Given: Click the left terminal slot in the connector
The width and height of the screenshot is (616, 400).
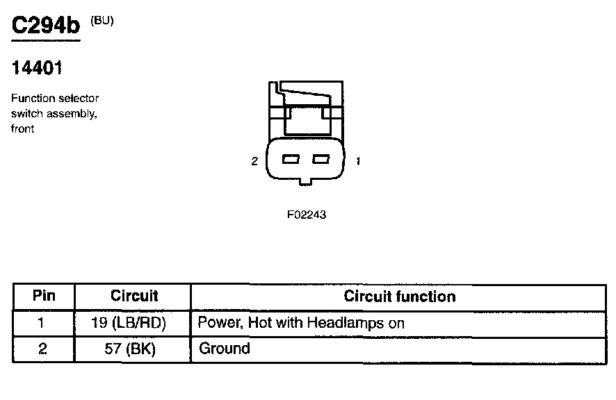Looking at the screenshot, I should [x=291, y=160].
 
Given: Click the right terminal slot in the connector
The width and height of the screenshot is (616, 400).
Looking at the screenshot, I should [x=319, y=160].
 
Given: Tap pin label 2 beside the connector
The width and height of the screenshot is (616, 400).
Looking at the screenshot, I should [x=254, y=161].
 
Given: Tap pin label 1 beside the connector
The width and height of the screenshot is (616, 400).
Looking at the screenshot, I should [x=357, y=161].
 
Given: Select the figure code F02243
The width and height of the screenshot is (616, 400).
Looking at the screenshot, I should [x=307, y=215].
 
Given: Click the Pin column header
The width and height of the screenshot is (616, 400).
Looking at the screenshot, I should [x=44, y=297].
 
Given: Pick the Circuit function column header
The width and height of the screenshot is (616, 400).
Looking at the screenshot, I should [x=400, y=297].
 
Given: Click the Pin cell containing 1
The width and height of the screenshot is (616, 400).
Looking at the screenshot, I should [x=43, y=323].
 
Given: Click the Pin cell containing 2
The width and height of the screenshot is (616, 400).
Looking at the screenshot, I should [x=43, y=349].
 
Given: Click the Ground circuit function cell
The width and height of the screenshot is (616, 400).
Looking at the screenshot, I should [x=224, y=349].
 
